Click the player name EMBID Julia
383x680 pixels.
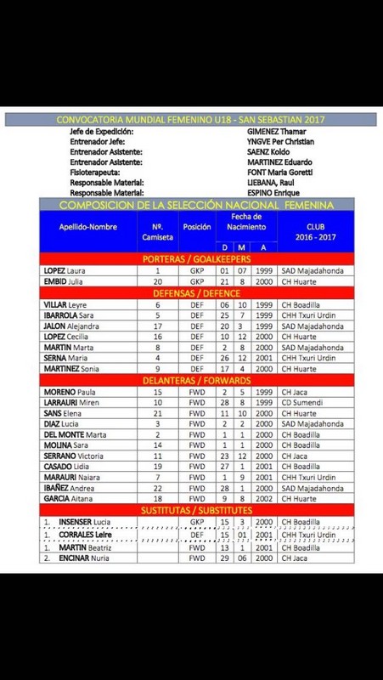click(x=65, y=281)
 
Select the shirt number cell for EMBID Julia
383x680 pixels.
click(x=156, y=281)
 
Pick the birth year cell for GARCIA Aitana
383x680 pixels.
click(x=267, y=501)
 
